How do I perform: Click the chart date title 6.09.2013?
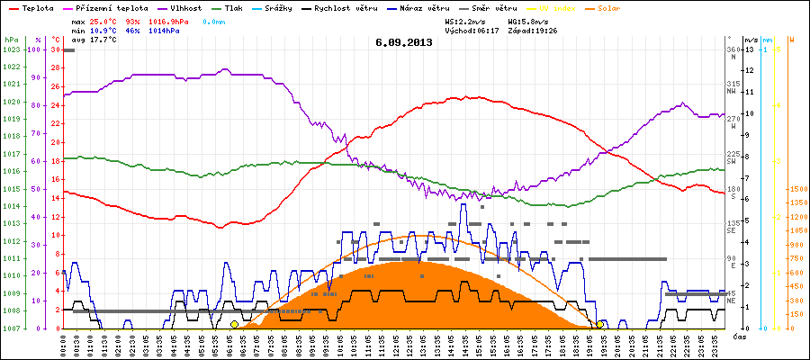(x=404, y=42)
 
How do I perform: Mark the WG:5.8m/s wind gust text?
(x=528, y=19)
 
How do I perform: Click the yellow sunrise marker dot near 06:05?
(x=234, y=324)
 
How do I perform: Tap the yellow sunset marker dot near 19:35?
(x=600, y=324)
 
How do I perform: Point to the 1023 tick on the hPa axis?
(x=12, y=49)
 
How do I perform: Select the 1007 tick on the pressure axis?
(x=12, y=328)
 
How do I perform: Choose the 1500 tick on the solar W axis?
(x=796, y=189)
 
